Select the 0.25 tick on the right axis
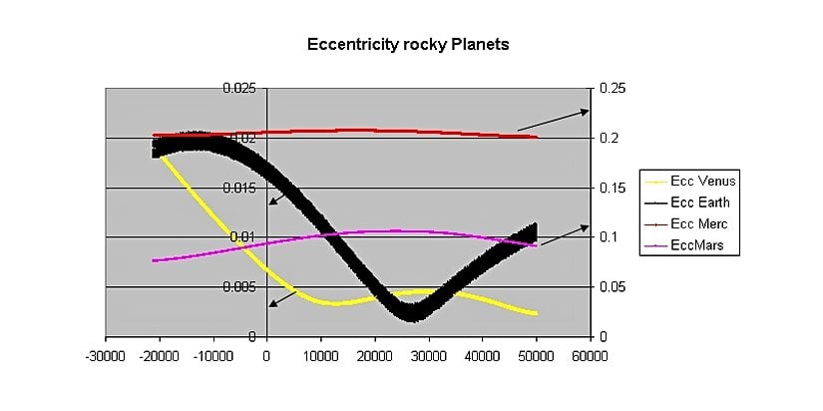tap(613, 89)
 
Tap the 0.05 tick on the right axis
tap(613, 287)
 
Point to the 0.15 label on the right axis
tap(613, 188)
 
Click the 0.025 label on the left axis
tap(238, 89)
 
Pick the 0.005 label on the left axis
tap(238, 287)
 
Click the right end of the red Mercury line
tap(536, 137)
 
